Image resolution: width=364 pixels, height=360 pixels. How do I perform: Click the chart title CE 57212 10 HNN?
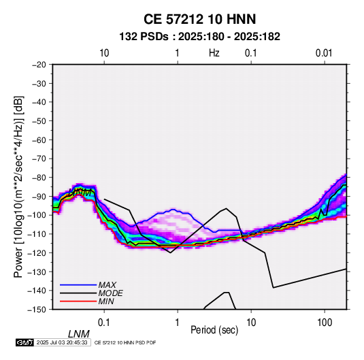[x=199, y=19]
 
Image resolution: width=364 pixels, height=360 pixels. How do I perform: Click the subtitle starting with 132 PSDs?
[x=199, y=37]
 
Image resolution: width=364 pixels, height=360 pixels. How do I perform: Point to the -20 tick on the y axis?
[x=39, y=65]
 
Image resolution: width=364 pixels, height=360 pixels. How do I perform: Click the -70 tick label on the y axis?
[x=39, y=159]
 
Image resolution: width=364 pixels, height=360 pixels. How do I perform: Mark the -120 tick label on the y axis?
[x=37, y=252]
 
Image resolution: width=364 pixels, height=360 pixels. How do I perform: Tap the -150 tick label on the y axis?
[x=37, y=310]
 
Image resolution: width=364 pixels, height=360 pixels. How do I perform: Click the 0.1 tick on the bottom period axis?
[x=104, y=323]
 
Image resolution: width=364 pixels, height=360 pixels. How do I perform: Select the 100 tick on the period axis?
[x=325, y=323]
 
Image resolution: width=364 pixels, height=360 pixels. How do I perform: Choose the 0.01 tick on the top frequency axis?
[x=324, y=53]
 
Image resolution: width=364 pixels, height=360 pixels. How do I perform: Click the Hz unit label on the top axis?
[x=214, y=53]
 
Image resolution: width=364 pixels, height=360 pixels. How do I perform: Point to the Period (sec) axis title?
[x=214, y=330]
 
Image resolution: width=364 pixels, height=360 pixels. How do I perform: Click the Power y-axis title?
[x=18, y=186]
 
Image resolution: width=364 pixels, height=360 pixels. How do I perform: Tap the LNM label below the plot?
[x=78, y=334]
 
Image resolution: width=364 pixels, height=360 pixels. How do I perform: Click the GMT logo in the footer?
[x=24, y=342]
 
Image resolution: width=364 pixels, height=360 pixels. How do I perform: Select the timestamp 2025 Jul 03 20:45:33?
[x=62, y=342]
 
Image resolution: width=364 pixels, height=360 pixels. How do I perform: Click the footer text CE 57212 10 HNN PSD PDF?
[x=125, y=342]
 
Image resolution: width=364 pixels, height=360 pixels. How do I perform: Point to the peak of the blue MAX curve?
[x=173, y=210]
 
